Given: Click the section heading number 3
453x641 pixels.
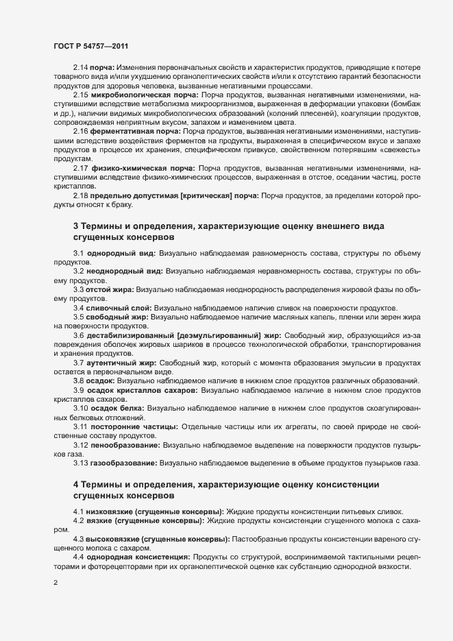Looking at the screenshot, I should [76, 226].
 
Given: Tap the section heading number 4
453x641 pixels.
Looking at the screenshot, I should [76, 485].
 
